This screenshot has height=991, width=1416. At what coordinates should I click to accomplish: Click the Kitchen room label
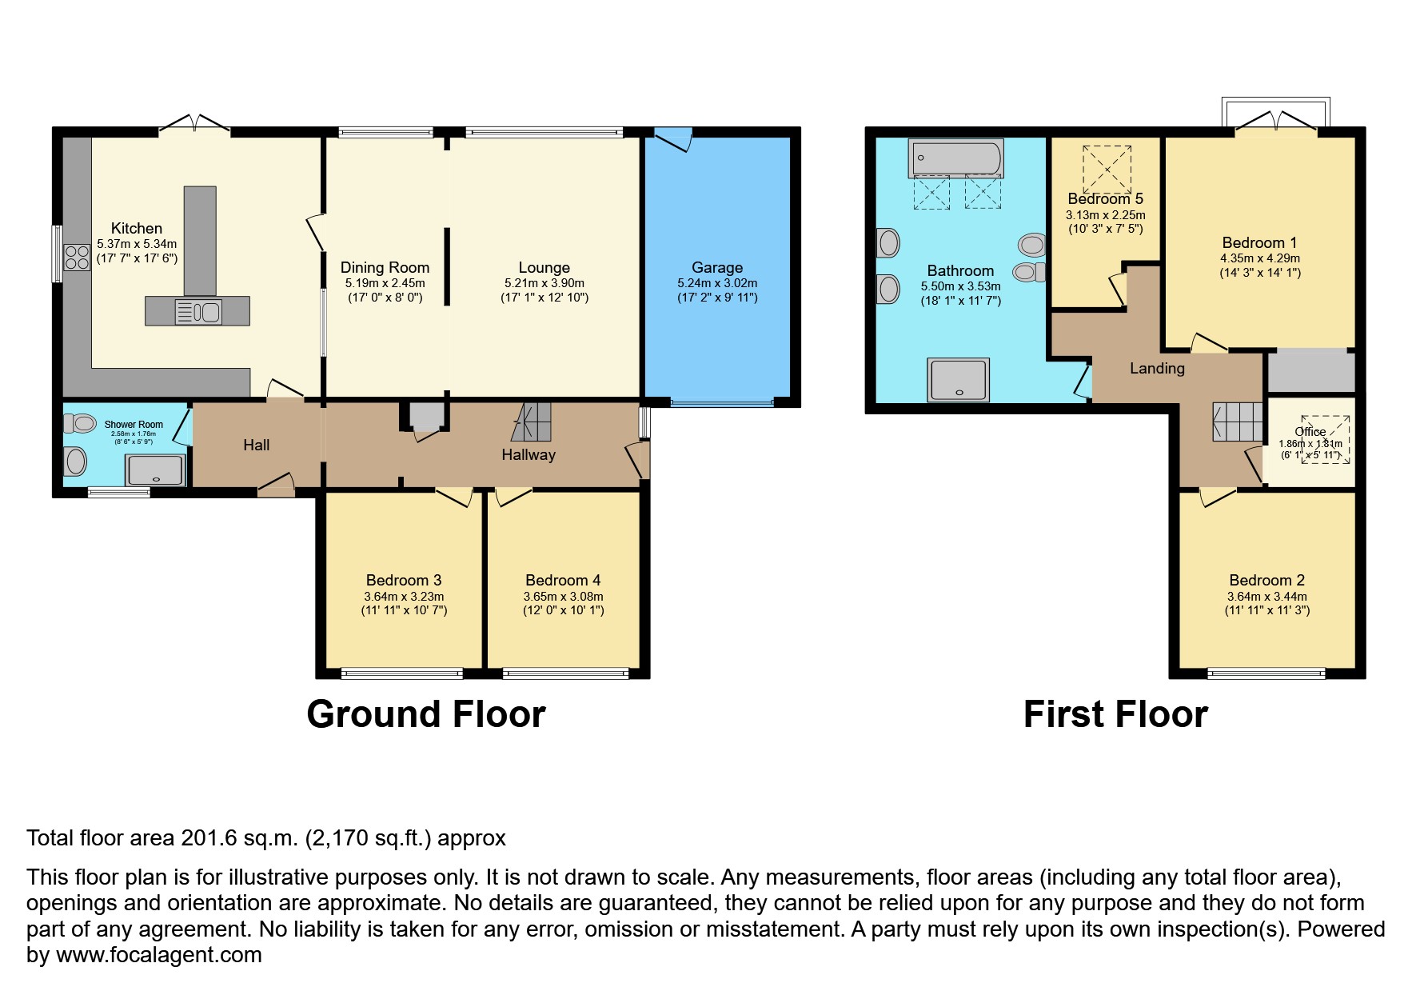pos(137,229)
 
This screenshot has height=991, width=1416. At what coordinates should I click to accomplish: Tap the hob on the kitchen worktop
pos(77,257)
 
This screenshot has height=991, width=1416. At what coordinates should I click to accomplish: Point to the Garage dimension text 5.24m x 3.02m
pos(716,283)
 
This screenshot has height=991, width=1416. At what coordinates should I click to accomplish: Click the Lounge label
pos(544,268)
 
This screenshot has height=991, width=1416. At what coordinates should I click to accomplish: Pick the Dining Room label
pos(385,268)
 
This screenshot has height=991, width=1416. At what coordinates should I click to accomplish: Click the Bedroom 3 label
pos(404,581)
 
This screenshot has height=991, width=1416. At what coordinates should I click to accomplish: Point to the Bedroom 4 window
pos(566,674)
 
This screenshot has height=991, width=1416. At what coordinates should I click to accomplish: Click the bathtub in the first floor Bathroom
pos(955,159)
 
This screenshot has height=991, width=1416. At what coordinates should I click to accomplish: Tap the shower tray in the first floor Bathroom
pos(958,379)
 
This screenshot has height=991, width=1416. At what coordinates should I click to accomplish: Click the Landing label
pos(1157,369)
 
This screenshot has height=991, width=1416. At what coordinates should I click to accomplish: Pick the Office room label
pos(1310,432)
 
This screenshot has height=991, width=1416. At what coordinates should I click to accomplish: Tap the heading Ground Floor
pos(425,714)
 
